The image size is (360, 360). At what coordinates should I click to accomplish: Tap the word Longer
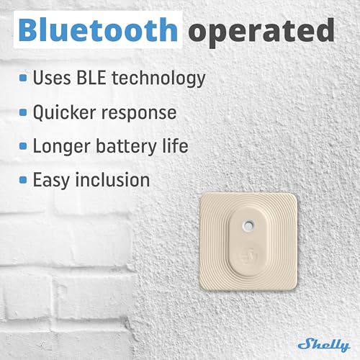(63, 146)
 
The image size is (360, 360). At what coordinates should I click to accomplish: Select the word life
(175, 145)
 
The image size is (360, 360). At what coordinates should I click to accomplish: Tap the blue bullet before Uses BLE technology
(24, 78)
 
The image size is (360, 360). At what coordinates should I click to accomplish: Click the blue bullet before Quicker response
(24, 112)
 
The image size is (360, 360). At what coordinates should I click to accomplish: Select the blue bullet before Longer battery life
(24, 146)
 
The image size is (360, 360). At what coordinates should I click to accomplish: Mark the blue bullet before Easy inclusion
(24, 180)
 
